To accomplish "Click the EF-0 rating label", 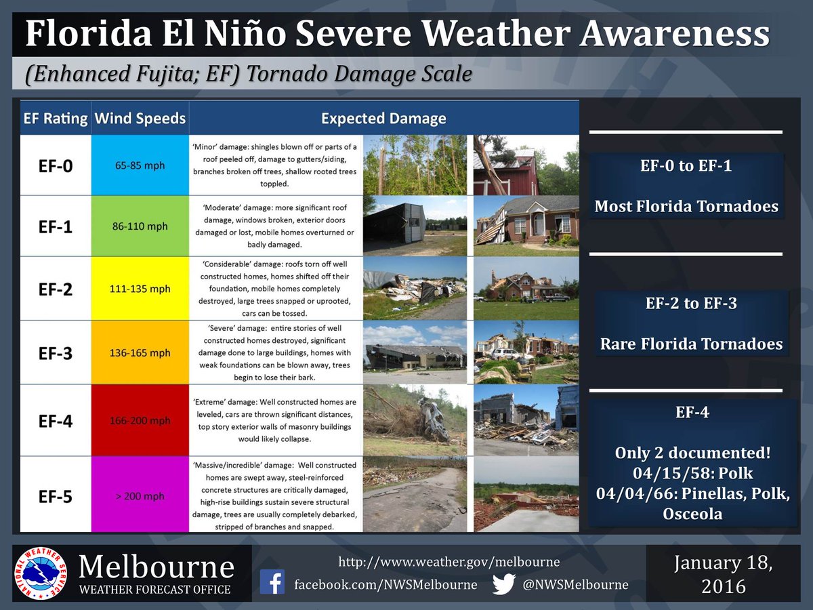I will coord(55,165).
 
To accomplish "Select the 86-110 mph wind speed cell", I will coord(140,226).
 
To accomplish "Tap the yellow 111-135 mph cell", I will coord(140,289).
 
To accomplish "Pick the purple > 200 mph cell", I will coord(140,496).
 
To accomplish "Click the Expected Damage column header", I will coord(383,119).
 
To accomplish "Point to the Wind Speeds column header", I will coord(140,119).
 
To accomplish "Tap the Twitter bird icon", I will coord(503,584).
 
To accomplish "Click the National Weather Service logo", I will coord(41,573).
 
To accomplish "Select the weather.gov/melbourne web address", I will coord(449,562).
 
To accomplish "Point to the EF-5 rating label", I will coord(55,496).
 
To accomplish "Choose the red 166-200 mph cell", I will coord(140,421).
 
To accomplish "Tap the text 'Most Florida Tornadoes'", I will coord(686,207).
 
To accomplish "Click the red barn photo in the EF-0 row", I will coord(525,165).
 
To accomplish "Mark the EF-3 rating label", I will coord(55,353).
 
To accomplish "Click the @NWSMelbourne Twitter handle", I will coord(575,584).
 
